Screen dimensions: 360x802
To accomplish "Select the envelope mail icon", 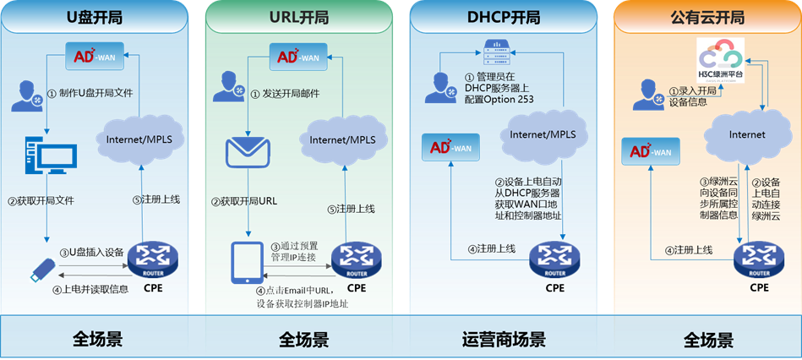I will [246, 153].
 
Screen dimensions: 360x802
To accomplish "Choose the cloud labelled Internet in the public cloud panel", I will [745, 134].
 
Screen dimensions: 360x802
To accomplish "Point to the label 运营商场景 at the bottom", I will [504, 340].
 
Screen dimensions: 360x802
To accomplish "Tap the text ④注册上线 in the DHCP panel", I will [494, 249].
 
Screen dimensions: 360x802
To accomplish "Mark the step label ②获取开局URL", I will [249, 202].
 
